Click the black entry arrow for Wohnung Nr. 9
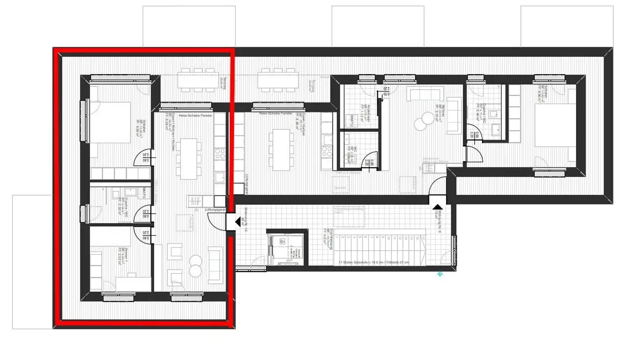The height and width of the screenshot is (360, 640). pyautogui.click(x=437, y=207)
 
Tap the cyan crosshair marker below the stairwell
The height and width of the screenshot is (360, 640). pyautogui.click(x=440, y=274)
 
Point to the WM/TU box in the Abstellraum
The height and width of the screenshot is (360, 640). pyautogui.click(x=352, y=120)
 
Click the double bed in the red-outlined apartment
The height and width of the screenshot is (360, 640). pyautogui.click(x=111, y=122)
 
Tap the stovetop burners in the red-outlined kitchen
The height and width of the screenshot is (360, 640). pyautogui.click(x=220, y=154)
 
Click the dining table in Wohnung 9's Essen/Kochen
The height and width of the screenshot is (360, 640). pyautogui.click(x=280, y=150)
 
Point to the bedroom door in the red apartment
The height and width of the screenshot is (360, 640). pyautogui.click(x=144, y=158)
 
